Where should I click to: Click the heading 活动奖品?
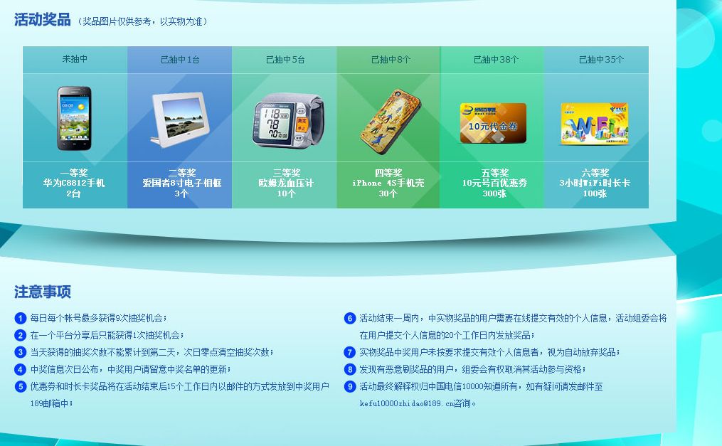click(43, 20)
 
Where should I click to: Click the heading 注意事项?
click(43, 292)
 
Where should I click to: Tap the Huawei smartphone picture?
click(74, 118)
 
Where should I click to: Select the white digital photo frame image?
click(179, 119)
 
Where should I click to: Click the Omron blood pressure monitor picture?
click(288, 121)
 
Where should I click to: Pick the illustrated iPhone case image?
click(390, 121)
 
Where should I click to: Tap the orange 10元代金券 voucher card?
click(493, 123)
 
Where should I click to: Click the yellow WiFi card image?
click(595, 123)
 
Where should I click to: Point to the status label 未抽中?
click(75, 59)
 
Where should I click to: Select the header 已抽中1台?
click(180, 59)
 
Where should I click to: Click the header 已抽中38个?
click(496, 59)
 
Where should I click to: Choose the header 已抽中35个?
click(601, 59)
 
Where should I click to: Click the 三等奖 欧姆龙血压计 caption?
click(286, 184)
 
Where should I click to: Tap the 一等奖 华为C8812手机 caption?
click(74, 184)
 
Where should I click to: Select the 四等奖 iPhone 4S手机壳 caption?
click(388, 184)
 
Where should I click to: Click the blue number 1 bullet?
click(20, 318)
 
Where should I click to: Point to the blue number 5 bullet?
click(20, 386)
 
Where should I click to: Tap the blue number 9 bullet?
click(350, 386)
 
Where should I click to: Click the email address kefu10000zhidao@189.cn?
click(407, 403)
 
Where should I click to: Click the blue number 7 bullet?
click(350, 353)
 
